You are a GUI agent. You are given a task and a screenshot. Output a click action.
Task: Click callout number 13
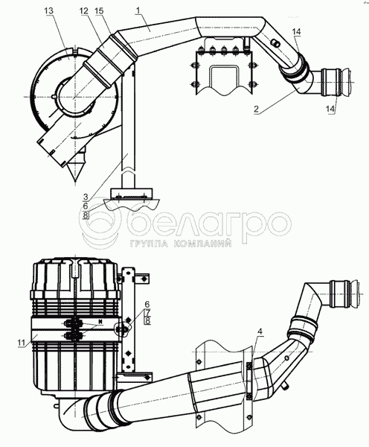[49, 11]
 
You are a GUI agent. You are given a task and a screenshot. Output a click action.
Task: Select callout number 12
[84, 11]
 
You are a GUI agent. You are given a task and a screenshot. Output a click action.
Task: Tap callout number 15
[100, 11]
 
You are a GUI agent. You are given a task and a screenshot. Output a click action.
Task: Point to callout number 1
[138, 11]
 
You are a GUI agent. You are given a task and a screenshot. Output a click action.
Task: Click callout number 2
[256, 109]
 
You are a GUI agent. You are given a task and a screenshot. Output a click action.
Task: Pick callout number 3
[86, 197]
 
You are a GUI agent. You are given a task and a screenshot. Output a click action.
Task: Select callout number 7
[147, 312]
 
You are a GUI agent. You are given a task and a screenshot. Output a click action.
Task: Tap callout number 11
[22, 343]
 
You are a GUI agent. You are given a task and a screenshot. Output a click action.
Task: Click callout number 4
[260, 332]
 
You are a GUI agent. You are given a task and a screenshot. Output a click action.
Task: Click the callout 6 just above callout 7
[147, 305]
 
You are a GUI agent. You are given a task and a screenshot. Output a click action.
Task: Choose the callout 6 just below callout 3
[86, 206]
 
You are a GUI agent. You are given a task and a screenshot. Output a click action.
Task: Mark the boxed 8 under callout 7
[147, 320]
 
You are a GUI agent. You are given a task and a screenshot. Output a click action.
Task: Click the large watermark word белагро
[209, 223]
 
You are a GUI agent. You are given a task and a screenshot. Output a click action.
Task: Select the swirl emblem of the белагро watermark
[100, 224]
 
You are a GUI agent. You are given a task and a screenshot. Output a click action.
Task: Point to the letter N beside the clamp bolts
[100, 322]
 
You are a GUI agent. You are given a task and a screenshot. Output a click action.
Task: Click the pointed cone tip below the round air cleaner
[75, 181]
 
